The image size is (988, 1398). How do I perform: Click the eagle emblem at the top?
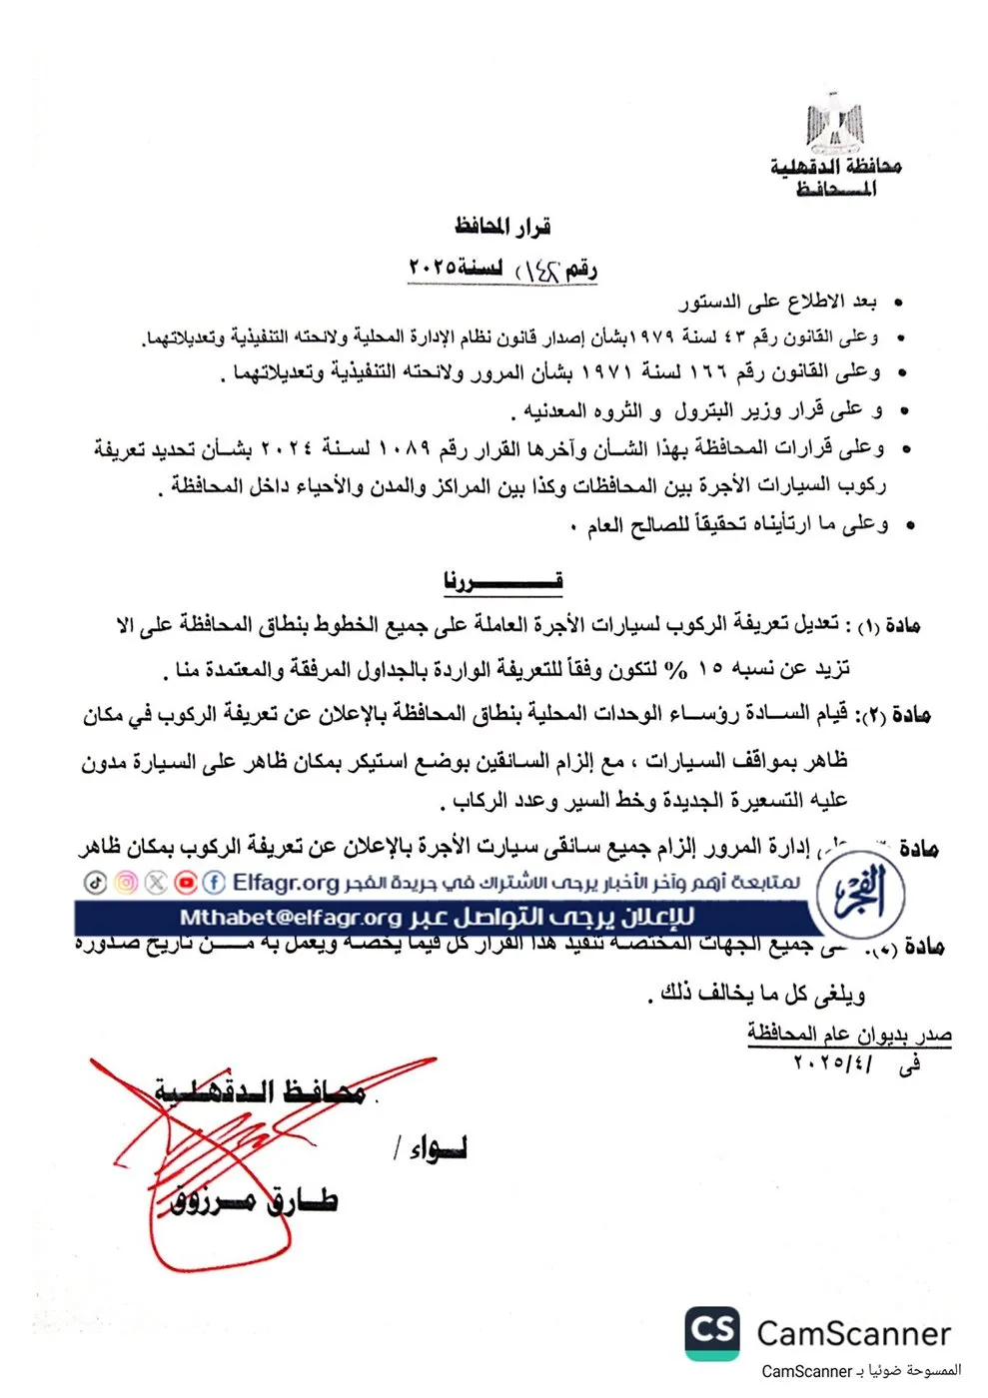[x=835, y=124]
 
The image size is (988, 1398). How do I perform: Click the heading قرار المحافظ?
[x=502, y=227]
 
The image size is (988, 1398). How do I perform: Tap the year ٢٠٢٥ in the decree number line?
[x=433, y=268]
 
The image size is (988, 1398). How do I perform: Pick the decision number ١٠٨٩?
[x=403, y=448]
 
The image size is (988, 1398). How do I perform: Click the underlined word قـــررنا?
[x=503, y=580]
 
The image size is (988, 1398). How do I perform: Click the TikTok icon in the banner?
[x=95, y=883]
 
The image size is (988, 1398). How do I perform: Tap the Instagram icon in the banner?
[x=126, y=883]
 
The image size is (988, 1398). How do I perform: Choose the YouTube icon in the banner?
[x=185, y=883]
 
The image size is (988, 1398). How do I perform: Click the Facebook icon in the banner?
[x=214, y=883]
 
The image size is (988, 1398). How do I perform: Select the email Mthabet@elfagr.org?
[x=290, y=918]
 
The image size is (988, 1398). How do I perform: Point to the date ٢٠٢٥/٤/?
[x=832, y=1062]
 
